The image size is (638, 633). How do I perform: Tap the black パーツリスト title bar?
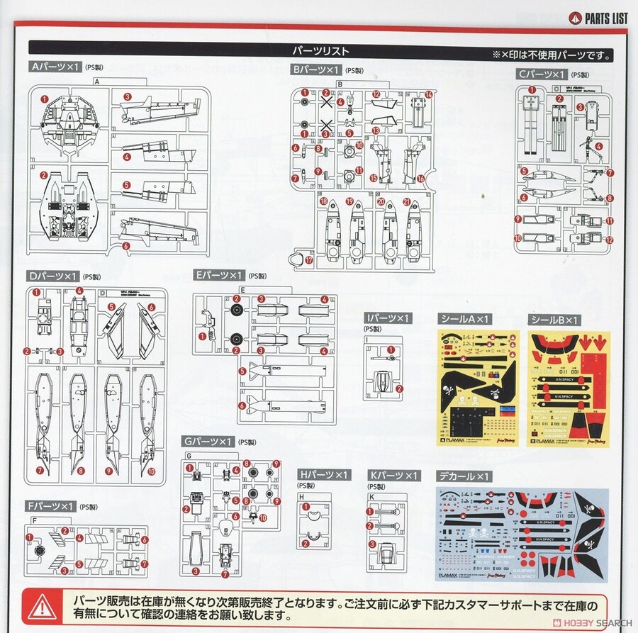click(x=319, y=51)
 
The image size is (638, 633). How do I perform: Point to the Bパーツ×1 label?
click(x=316, y=69)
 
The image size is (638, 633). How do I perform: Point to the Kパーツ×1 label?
click(x=394, y=474)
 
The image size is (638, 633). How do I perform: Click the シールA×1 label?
click(x=465, y=320)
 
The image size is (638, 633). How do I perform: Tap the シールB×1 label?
click(x=554, y=320)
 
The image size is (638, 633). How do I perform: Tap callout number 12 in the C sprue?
click(x=610, y=240)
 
